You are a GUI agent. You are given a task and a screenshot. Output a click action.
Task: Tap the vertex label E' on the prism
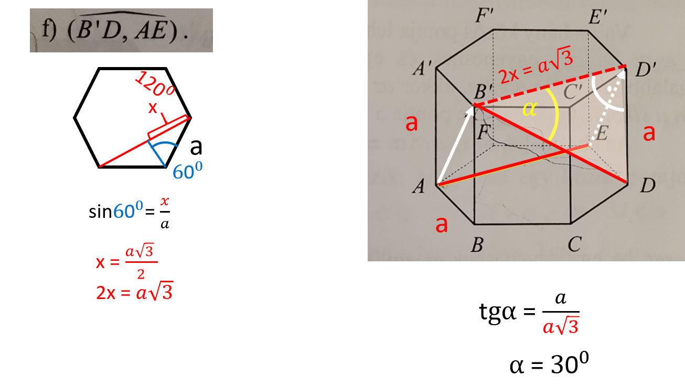click(597, 18)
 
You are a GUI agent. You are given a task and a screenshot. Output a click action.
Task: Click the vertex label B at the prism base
click(476, 245)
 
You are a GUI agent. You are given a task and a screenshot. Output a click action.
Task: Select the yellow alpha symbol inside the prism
click(530, 110)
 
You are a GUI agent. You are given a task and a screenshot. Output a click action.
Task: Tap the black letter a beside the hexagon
click(196, 147)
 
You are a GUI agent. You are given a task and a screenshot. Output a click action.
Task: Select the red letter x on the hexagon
click(153, 108)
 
